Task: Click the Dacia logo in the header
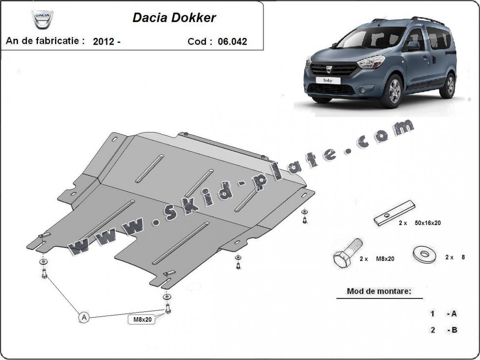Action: click(43, 20)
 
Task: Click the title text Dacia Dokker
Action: click(174, 18)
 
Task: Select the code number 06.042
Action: click(232, 42)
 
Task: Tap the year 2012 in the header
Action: click(105, 42)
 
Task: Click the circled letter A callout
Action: click(84, 318)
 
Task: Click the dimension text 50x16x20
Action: click(428, 223)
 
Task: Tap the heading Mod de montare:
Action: click(379, 291)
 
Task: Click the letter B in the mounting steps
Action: click(454, 330)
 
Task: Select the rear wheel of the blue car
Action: click(448, 85)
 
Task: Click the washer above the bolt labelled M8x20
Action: click(167, 296)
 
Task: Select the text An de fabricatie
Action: click(45, 41)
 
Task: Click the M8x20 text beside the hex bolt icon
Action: click(385, 259)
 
